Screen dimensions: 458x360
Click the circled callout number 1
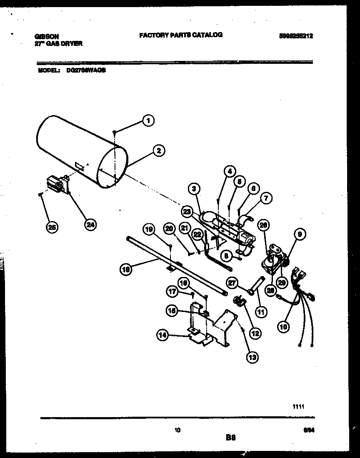tap(147, 121)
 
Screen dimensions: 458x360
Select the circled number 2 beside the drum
tap(158, 151)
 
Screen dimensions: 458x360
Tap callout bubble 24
tap(90, 224)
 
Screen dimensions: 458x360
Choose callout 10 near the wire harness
tap(283, 327)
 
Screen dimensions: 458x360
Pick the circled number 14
tap(163, 334)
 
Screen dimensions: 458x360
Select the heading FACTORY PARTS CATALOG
tap(180, 35)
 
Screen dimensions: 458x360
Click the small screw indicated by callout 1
tap(114, 132)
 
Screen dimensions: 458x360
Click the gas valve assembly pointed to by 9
tap(273, 259)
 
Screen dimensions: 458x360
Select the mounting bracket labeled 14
tap(208, 327)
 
